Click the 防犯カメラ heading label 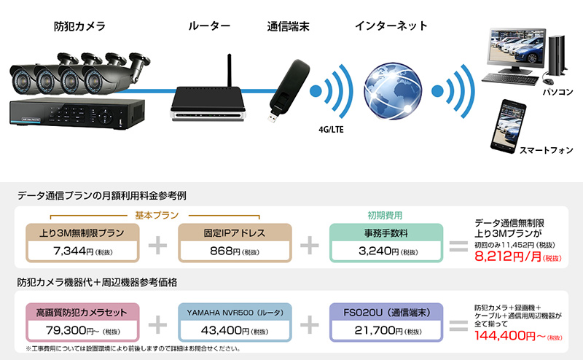click(79, 27)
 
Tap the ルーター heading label click(209, 27)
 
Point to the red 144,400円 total click(506, 335)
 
